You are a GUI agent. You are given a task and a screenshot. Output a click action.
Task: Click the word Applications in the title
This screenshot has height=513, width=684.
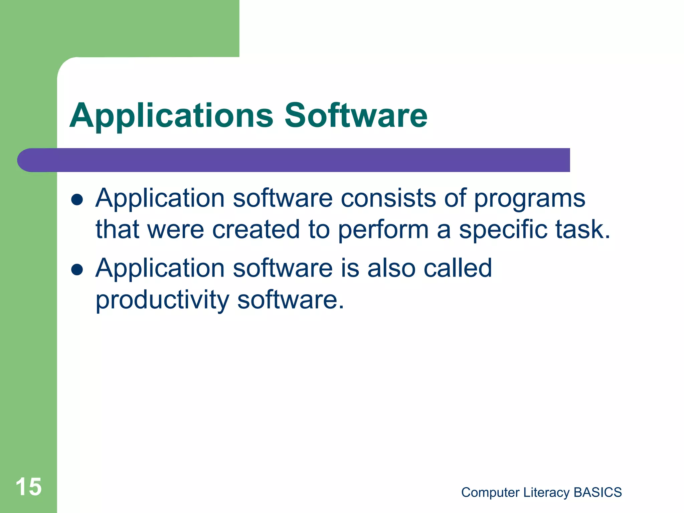tap(171, 116)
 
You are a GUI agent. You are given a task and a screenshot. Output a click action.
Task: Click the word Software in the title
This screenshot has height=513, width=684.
tap(356, 115)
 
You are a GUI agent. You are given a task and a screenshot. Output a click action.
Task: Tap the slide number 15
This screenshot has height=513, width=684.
tap(29, 487)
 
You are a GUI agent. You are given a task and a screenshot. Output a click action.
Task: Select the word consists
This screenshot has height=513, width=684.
tap(388, 198)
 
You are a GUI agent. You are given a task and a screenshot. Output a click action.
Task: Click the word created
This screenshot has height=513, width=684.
tap(256, 229)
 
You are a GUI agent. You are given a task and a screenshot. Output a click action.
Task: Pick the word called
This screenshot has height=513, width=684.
tap(458, 268)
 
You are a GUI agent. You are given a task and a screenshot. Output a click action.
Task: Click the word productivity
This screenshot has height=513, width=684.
tap(162, 300)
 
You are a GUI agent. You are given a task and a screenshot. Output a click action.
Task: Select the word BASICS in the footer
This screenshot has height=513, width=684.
tap(597, 493)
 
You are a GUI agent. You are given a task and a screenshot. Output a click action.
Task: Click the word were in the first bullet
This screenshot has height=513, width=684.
tap(175, 230)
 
